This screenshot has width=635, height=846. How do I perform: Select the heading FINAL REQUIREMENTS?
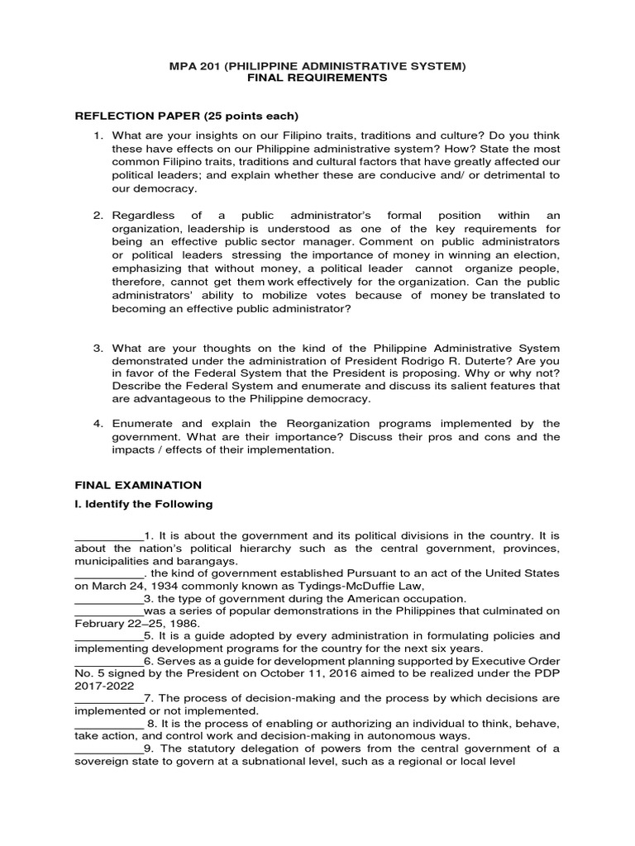317,78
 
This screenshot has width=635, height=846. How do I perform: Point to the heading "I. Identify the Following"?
144,504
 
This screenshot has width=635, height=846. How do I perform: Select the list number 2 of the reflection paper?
97,215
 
